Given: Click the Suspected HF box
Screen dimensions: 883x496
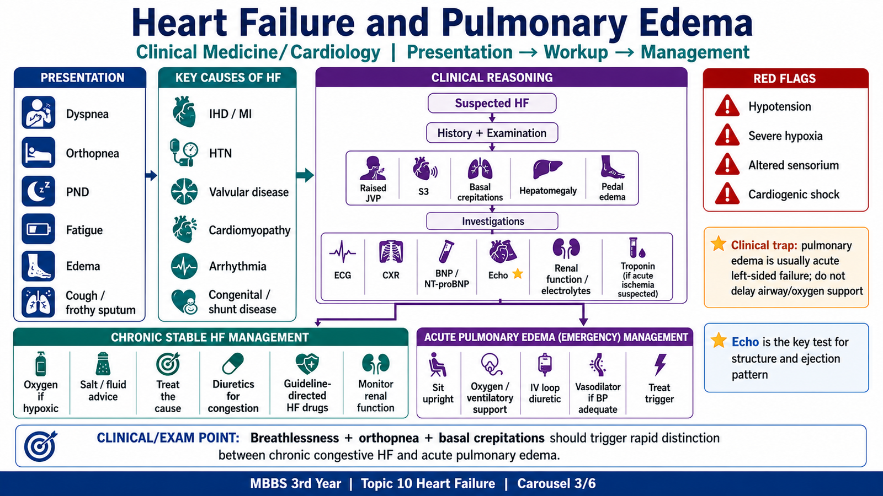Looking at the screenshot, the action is click(x=492, y=103).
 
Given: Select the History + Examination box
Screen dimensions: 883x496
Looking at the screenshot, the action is click(x=492, y=133).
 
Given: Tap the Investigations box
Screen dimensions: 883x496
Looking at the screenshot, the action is click(x=492, y=221).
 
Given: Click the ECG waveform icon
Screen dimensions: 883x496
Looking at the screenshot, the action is click(x=342, y=252).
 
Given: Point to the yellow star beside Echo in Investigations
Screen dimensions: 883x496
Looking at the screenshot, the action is click(x=518, y=274).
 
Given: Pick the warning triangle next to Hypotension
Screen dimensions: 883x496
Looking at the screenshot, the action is click(x=727, y=105).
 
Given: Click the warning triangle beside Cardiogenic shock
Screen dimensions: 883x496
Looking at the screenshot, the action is click(x=727, y=193).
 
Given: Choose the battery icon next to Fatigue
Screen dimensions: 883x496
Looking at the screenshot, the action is click(x=38, y=229).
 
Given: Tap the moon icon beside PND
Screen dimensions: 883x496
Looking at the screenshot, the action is click(x=38, y=191).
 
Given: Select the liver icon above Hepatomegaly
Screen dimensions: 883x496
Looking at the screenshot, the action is click(x=547, y=169).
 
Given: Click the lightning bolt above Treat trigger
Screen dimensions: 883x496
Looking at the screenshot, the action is click(x=660, y=364).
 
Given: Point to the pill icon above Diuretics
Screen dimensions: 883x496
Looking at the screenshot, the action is click(x=233, y=364).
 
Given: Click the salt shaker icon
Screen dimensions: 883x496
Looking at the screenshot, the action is click(x=103, y=364).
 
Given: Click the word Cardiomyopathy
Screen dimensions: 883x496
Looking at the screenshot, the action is click(x=249, y=230).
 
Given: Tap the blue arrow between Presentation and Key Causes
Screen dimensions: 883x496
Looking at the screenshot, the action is click(x=151, y=175).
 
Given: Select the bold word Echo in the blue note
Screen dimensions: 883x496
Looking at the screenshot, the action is click(x=745, y=342).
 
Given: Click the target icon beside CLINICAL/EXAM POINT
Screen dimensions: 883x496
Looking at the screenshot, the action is click(x=41, y=446).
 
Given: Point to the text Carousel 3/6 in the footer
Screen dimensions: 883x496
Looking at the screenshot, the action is click(x=557, y=483).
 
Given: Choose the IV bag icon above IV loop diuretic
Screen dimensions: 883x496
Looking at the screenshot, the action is click(x=545, y=364).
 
